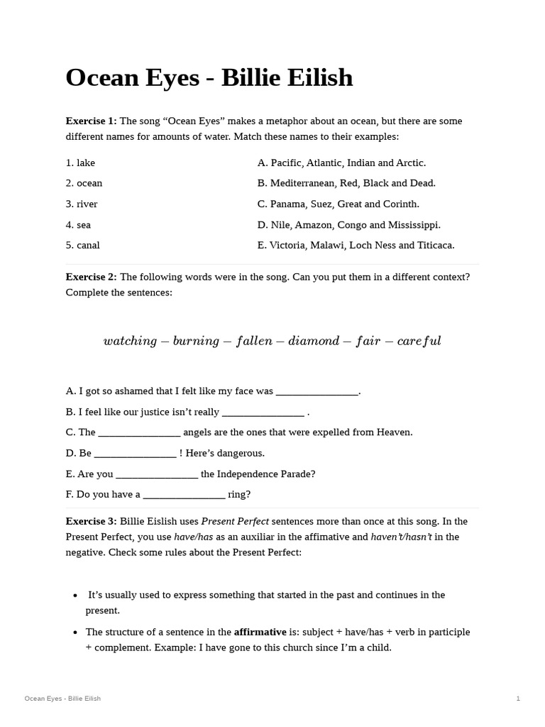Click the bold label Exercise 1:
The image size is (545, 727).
(91, 121)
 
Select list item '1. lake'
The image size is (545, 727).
(80, 163)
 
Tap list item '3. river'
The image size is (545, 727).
(82, 204)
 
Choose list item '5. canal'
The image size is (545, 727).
(82, 245)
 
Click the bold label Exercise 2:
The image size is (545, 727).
(91, 277)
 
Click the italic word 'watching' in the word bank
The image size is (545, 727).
(130, 341)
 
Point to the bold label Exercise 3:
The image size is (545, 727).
(91, 521)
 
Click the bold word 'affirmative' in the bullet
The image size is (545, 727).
(260, 632)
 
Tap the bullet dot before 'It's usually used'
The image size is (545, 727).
(76, 595)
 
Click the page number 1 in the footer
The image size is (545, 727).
(518, 699)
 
